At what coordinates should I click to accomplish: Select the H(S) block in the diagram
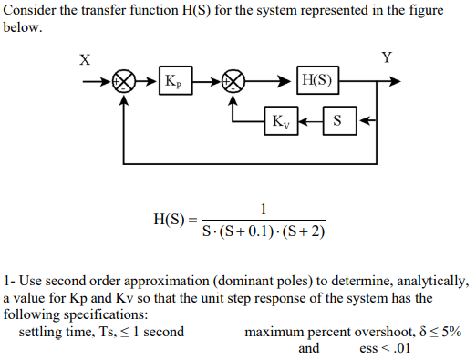317,83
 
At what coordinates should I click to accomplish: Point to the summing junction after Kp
234,82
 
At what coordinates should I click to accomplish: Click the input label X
85,60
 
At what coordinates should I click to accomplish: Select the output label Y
387,58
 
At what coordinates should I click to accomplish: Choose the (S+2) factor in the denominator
306,230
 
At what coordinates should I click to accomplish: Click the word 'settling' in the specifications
43,332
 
